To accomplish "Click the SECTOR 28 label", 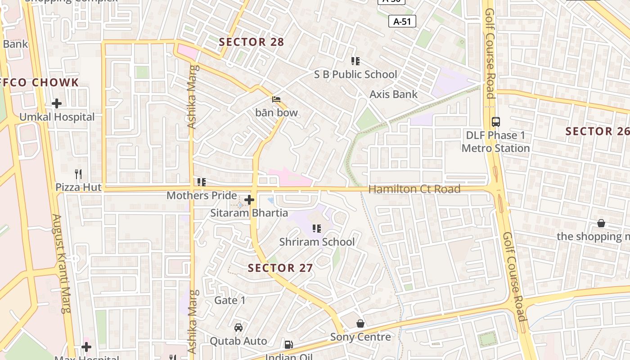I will [x=251, y=42].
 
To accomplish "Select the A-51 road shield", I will [x=402, y=21].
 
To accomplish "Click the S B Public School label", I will [x=355, y=75].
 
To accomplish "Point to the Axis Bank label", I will [x=393, y=94].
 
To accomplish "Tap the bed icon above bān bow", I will [x=276, y=99].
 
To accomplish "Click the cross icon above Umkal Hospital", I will [x=57, y=103].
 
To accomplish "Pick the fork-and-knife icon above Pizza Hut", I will [x=78, y=174].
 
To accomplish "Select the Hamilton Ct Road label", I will [x=414, y=189].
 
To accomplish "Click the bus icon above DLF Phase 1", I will [x=495, y=121].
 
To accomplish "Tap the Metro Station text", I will [x=495, y=148].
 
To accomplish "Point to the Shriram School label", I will [x=317, y=242].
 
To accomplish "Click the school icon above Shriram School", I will [x=317, y=229].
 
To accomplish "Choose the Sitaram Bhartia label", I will [x=249, y=213].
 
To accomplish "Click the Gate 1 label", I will [x=230, y=300].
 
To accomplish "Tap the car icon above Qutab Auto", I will [x=238, y=327].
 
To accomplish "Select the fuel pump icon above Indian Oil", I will [x=288, y=345].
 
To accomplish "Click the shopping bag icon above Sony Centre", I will [x=360, y=324].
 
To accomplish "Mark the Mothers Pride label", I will [x=202, y=196].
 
